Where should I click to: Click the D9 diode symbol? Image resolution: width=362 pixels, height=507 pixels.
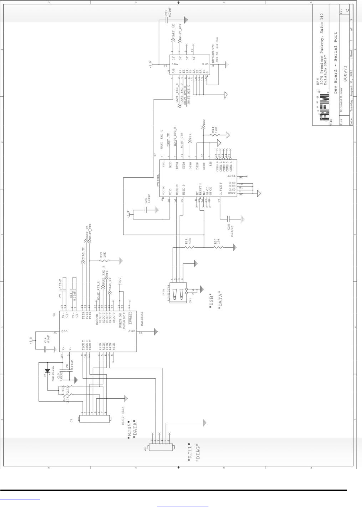pos(47,371)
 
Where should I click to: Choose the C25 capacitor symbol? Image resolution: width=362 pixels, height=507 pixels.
pos(229,219)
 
